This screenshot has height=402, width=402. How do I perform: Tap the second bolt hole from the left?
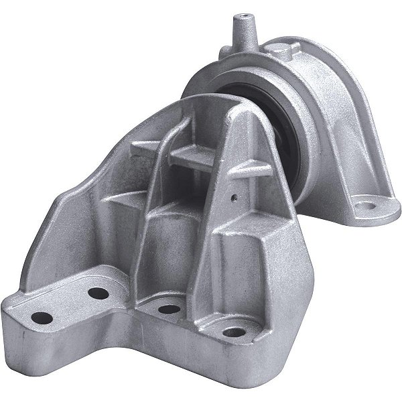(98, 293)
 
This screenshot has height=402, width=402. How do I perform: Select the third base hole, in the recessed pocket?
(168, 309)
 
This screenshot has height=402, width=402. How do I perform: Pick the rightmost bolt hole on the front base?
(232, 332)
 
